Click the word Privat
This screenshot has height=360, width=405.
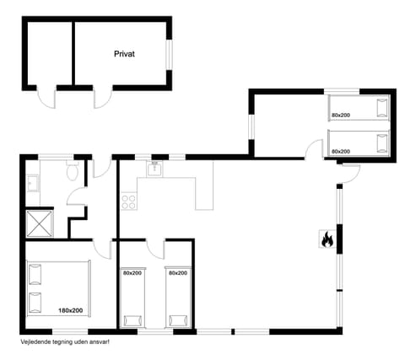tap(125, 53)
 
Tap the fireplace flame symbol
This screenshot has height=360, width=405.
tap(327, 240)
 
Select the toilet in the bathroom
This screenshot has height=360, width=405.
tap(73, 174)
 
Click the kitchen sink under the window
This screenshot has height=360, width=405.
tap(155, 169)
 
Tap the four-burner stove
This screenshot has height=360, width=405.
tap(130, 201)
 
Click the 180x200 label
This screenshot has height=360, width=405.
tap(70, 311)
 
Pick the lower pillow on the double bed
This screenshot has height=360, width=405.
tap(35, 301)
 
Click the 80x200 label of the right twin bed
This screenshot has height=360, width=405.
tap(177, 273)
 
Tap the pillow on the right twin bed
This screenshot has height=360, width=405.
tap(177, 320)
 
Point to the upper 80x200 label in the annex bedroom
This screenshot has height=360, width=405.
tap(341, 114)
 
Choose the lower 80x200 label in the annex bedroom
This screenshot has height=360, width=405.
tap(341, 150)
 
